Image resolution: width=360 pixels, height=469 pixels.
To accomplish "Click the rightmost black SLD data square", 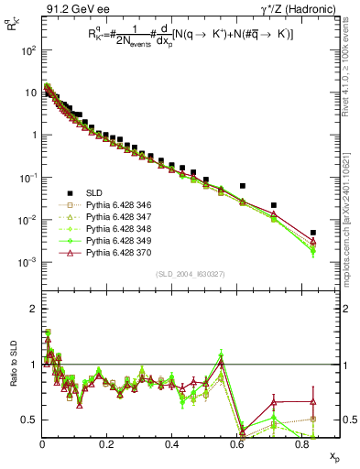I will [313, 233].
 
